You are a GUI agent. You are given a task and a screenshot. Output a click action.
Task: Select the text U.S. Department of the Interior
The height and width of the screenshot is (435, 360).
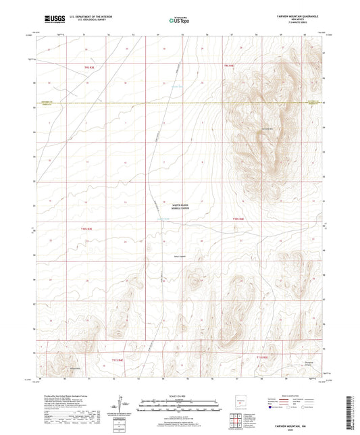(x=88, y=17)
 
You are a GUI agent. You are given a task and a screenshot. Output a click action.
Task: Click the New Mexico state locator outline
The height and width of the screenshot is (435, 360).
(x=236, y=404)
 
